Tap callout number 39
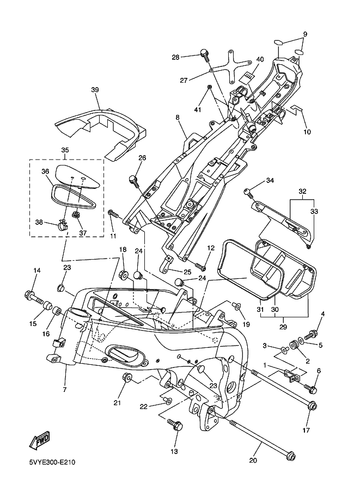click(95, 90)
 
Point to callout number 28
click(175, 57)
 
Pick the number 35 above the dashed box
click(65, 150)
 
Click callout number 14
click(37, 271)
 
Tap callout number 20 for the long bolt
click(253, 461)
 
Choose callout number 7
click(65, 390)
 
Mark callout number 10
click(307, 132)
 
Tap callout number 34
click(270, 181)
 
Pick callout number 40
click(259, 59)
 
